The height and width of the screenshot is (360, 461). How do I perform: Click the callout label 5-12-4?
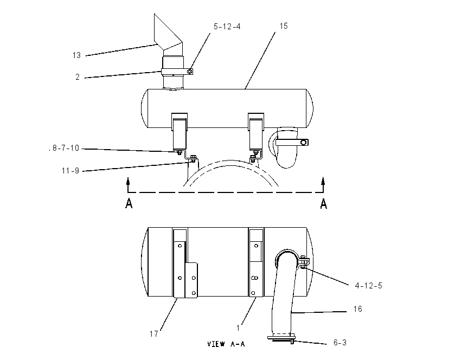(x=227, y=27)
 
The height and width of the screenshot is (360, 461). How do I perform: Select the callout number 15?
(x=284, y=26)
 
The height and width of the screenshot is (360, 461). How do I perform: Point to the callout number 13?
(x=76, y=55)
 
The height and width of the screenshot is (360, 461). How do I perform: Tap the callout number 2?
(x=78, y=77)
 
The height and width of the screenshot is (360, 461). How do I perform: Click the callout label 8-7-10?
(x=66, y=148)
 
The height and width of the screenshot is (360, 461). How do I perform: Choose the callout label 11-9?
(x=71, y=171)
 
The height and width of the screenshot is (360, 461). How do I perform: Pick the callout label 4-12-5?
(x=369, y=286)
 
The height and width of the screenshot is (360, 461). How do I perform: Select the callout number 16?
(x=357, y=309)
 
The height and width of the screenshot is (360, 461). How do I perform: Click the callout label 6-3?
(x=340, y=343)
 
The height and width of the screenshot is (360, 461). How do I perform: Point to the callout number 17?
(x=154, y=334)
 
